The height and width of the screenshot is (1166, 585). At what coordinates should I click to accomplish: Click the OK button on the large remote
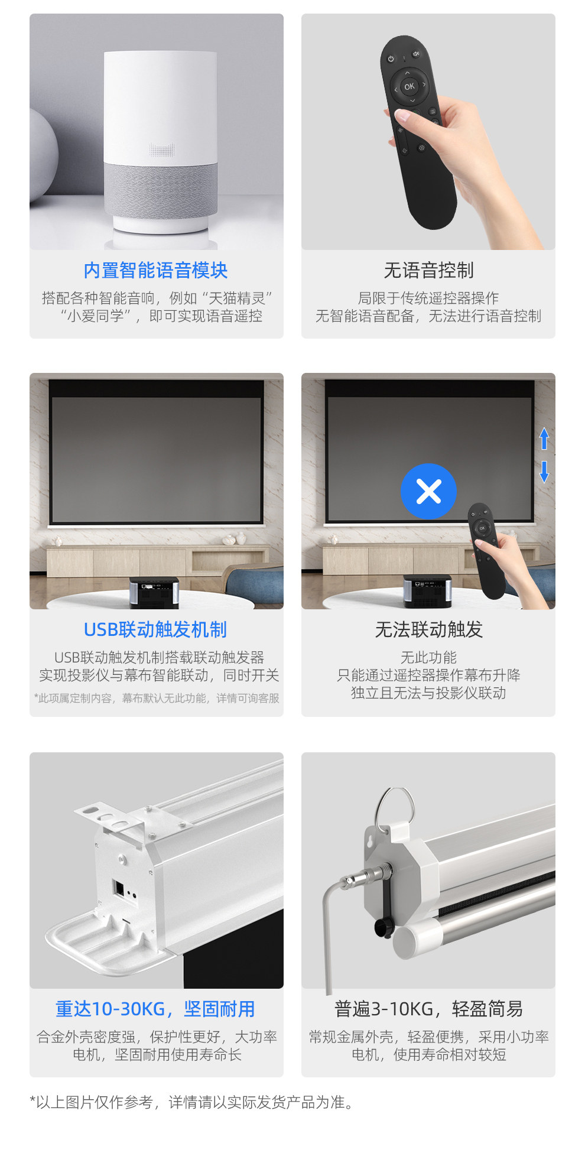(x=409, y=86)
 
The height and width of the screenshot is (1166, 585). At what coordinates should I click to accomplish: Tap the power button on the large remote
(x=391, y=59)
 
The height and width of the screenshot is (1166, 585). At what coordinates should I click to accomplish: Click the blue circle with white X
(x=428, y=491)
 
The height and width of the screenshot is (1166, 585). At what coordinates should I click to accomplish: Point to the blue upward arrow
(x=544, y=439)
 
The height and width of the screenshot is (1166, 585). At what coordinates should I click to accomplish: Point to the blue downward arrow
(x=544, y=472)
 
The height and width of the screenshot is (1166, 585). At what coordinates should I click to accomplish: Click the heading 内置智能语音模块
(x=155, y=270)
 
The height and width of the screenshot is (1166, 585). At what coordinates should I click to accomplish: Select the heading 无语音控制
(x=428, y=270)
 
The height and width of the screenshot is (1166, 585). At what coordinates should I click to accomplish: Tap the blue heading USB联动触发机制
(x=155, y=629)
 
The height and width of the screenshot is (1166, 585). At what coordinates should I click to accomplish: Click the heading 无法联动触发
(x=428, y=629)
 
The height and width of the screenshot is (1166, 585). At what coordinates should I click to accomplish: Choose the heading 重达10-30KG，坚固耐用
(x=155, y=1009)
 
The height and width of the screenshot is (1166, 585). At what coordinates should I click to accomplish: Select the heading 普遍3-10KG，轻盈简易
(x=428, y=1009)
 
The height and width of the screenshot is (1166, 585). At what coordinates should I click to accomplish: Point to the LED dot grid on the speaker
(x=162, y=150)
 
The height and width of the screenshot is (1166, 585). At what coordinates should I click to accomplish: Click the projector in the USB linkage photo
(x=154, y=592)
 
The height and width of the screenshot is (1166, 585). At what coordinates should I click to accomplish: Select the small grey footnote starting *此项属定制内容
(x=157, y=698)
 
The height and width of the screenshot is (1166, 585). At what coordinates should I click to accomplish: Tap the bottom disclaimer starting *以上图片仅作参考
(x=192, y=1102)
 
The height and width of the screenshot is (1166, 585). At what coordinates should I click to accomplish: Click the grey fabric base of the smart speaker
(x=161, y=189)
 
